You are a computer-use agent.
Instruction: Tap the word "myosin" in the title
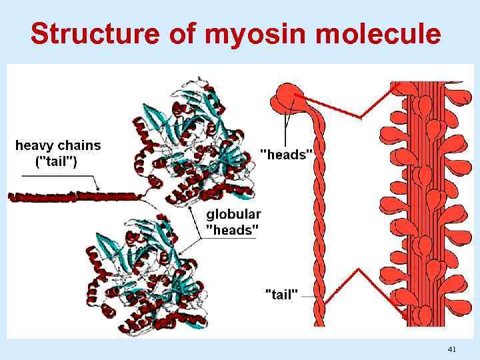click(x=241, y=33)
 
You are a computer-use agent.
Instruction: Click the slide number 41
click(x=451, y=349)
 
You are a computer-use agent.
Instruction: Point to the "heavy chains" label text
click(x=58, y=145)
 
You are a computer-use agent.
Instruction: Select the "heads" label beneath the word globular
click(x=233, y=230)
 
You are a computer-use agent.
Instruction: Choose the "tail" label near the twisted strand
click(x=281, y=293)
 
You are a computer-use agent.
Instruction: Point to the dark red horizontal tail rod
click(x=73, y=197)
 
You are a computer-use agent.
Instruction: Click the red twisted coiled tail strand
click(x=319, y=220)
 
